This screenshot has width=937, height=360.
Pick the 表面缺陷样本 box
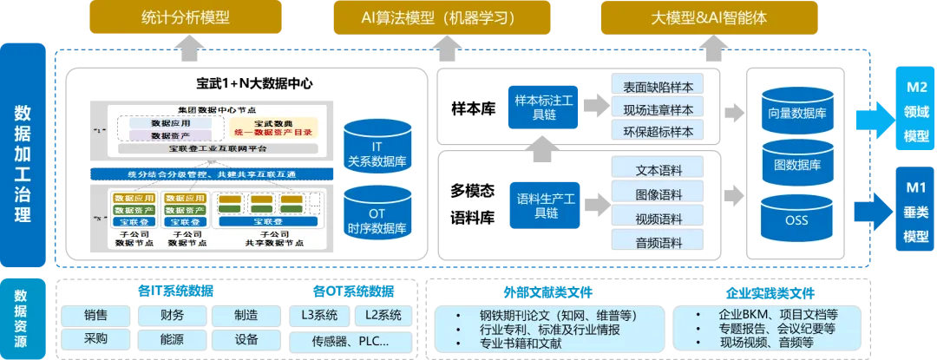[658, 87]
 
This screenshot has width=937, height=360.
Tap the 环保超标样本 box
[658, 132]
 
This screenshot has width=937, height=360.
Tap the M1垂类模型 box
[916, 213]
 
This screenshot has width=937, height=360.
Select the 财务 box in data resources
[173, 316]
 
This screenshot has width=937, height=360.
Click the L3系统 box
[320, 316]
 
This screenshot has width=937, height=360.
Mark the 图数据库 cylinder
[796, 161]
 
